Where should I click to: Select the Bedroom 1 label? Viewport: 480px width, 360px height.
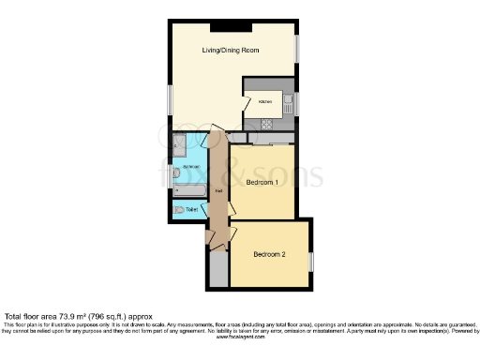click(262, 183)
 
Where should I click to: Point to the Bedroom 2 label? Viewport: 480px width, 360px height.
click(270, 253)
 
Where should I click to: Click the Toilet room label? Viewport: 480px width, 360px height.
click(192, 209)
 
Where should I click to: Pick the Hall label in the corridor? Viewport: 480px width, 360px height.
click(218, 192)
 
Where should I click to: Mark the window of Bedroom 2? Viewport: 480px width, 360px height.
click(312, 259)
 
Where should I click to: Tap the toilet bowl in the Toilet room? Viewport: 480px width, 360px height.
click(177, 211)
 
